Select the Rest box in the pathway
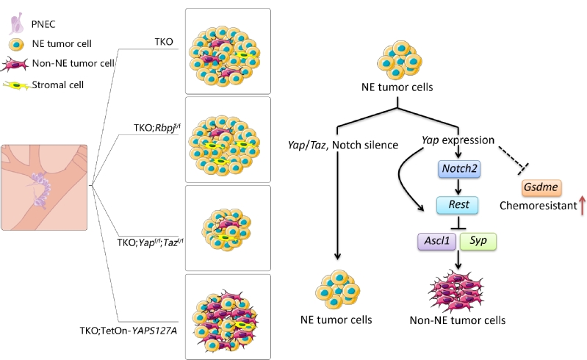pos(460,205)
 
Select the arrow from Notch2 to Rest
pos(460,187)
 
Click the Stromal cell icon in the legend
pos(15,84)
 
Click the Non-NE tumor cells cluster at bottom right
pos(460,288)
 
